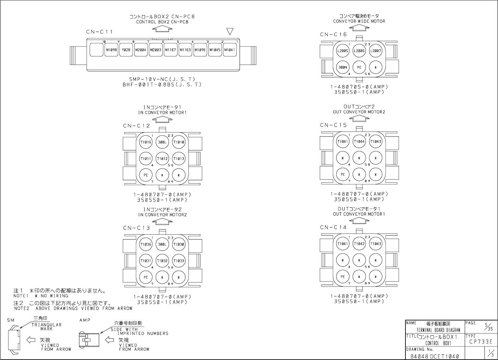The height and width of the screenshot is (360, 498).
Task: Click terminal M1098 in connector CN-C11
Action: [111, 50]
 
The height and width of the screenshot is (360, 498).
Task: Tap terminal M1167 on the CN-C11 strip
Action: [171, 50]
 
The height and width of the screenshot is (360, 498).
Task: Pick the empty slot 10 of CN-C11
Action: [96, 50]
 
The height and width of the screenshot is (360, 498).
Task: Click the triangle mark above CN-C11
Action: [230, 31]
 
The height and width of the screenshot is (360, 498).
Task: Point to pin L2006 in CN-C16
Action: [359, 51]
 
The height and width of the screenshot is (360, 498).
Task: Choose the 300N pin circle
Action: [343, 67]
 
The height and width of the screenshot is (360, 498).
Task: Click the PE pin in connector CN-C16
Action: [359, 67]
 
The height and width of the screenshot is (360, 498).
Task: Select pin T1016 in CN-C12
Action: [146, 142]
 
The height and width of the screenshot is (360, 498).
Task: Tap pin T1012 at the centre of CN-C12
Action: [162, 159]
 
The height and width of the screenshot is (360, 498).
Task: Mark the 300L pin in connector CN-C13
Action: [162, 244]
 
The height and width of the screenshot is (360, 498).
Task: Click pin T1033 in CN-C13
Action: [179, 261]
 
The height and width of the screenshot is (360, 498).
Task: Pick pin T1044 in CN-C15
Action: [359, 141]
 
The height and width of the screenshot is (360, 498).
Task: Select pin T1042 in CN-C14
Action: [359, 244]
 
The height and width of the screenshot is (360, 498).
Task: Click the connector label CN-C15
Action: [333, 125]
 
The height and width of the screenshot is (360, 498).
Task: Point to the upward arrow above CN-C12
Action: [162, 119]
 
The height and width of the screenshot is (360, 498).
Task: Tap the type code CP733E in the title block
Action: [481, 342]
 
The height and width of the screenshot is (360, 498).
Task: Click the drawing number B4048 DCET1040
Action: [434, 356]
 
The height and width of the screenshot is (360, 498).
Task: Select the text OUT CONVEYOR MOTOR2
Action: [359, 112]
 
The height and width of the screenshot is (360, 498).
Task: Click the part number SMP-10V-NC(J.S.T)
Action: [162, 79]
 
